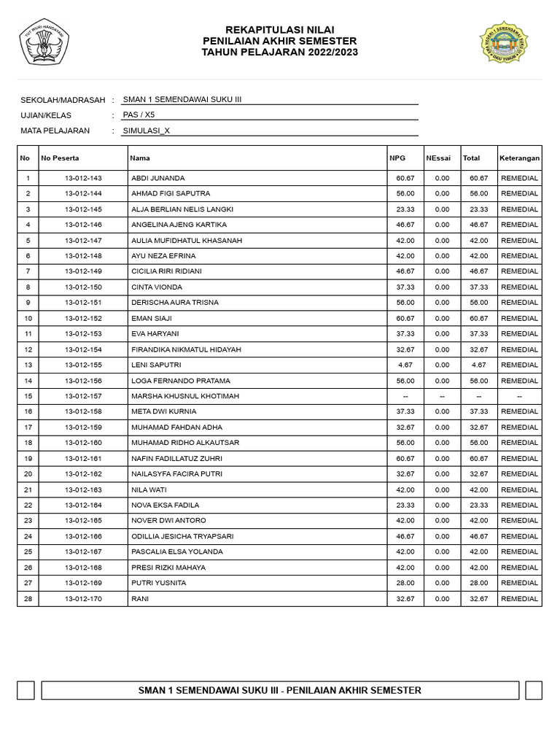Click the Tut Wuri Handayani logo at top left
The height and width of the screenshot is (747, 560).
click(x=43, y=42)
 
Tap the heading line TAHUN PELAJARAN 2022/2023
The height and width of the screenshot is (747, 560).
click(x=280, y=53)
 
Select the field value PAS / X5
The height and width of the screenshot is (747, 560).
click(x=139, y=115)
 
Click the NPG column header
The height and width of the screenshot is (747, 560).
click(x=397, y=158)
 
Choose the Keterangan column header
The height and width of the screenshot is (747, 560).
click(x=519, y=158)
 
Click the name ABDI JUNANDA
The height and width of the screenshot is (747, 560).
click(x=157, y=178)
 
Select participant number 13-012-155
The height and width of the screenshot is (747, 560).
click(x=83, y=365)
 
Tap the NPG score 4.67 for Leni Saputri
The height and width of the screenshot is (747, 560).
click(x=405, y=365)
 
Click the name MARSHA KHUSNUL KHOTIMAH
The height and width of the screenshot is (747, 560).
click(x=185, y=396)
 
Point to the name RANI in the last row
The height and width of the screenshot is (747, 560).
click(x=139, y=599)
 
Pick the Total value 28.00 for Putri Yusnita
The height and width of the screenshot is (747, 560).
click(x=478, y=583)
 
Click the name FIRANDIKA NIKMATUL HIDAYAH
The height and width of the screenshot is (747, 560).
click(x=186, y=349)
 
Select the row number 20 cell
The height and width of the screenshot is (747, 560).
click(x=28, y=474)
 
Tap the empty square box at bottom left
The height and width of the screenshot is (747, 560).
click(x=26, y=690)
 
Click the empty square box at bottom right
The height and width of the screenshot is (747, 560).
click(x=534, y=690)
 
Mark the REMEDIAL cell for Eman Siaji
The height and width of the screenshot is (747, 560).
click(x=519, y=318)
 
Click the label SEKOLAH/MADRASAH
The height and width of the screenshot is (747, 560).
click(x=63, y=100)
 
